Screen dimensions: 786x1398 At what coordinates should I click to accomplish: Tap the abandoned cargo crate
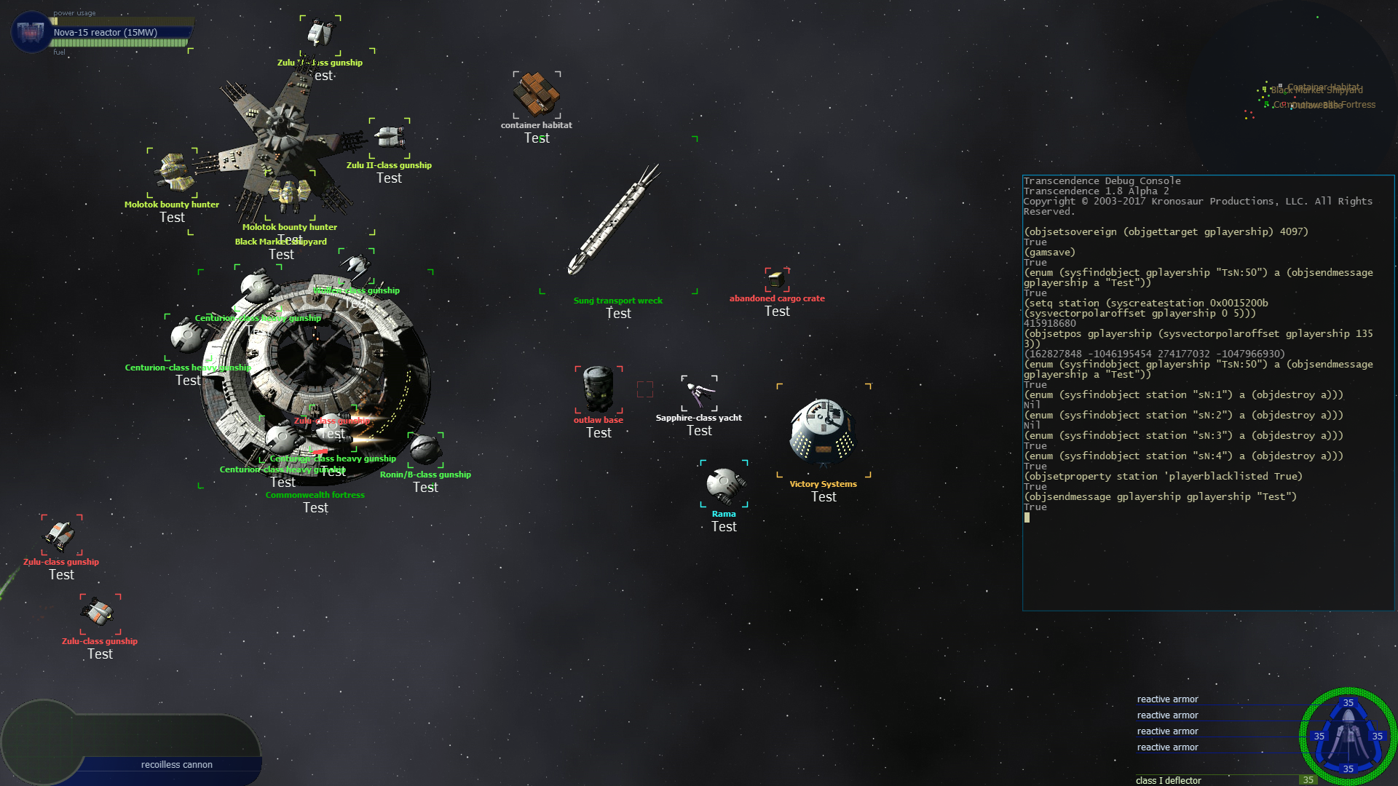pyautogui.click(x=777, y=279)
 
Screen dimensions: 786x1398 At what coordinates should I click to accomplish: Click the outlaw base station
pyautogui.click(x=599, y=389)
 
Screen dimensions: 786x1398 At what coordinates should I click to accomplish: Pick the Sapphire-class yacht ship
pyautogui.click(x=699, y=394)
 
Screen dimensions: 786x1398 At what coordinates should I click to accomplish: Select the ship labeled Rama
pyautogui.click(x=724, y=484)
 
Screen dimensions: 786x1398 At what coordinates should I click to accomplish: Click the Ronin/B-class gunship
pyautogui.click(x=426, y=450)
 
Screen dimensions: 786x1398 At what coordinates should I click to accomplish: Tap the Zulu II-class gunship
pyautogui.click(x=389, y=137)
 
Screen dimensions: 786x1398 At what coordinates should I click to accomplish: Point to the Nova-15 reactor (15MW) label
pyautogui.click(x=106, y=33)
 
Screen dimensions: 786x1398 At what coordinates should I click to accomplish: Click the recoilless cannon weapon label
pyautogui.click(x=177, y=765)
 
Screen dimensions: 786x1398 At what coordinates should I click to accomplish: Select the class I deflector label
pyautogui.click(x=1169, y=780)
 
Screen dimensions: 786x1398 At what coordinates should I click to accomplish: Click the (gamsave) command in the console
pyautogui.click(x=1049, y=253)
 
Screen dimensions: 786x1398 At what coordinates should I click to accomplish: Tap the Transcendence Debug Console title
pyautogui.click(x=1102, y=181)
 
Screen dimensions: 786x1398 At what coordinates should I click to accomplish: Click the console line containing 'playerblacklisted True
pyautogui.click(x=1163, y=477)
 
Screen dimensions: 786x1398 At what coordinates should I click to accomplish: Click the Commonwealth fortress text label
pyautogui.click(x=315, y=495)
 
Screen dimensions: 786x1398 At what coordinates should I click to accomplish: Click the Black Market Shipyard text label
pyautogui.click(x=280, y=242)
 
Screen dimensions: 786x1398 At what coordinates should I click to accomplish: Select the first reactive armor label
pyautogui.click(x=1167, y=699)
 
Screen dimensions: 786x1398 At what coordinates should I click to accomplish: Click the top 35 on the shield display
pyautogui.click(x=1348, y=703)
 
